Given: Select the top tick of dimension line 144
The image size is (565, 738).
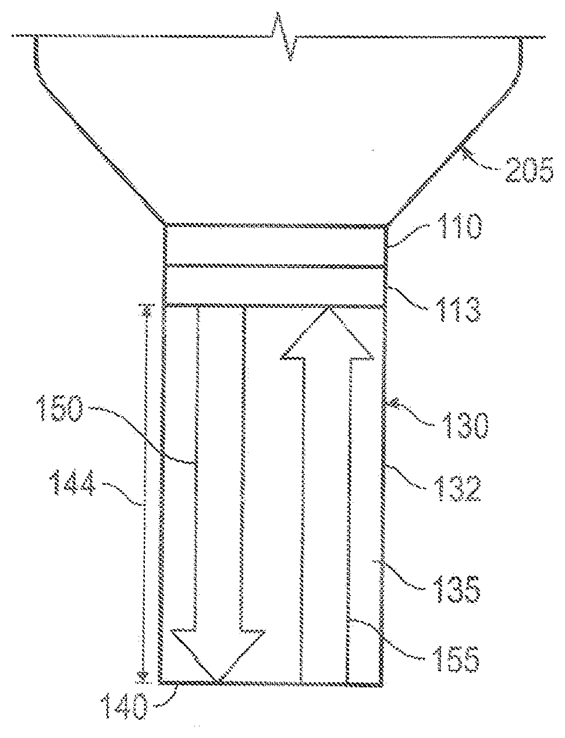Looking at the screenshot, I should tap(147, 307).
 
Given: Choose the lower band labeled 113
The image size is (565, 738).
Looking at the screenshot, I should tap(274, 286).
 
